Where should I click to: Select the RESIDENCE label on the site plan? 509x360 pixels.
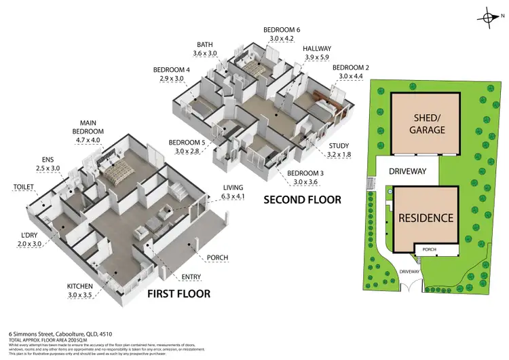click(425, 218)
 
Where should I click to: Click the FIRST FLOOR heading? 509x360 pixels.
click(178, 293)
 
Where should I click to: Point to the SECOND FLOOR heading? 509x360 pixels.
click(301, 200)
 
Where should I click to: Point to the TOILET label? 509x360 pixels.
click(24, 185)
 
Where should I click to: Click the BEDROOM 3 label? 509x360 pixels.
click(306, 173)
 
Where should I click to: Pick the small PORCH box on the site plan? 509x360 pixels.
click(429, 249)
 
